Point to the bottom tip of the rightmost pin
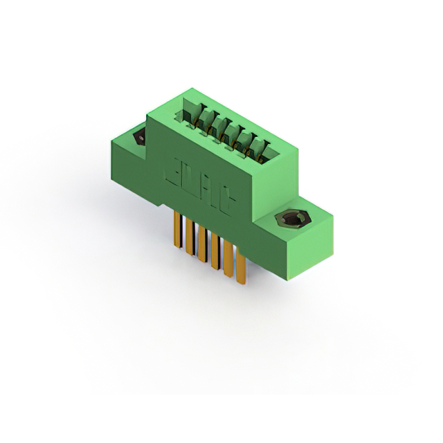click(x=240, y=282)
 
